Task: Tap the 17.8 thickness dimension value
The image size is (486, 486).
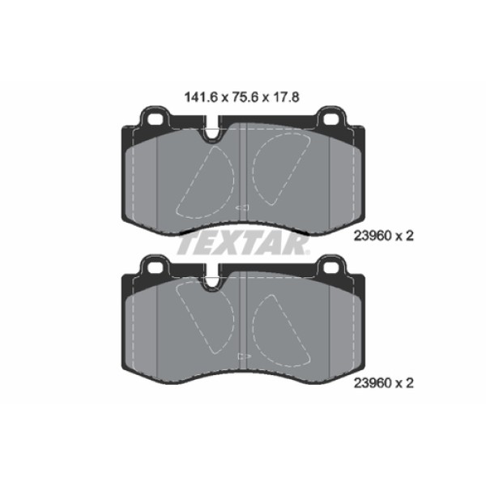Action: point(287,97)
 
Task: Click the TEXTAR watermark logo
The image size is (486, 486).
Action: point(243,245)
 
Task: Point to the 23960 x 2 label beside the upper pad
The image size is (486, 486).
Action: point(384,237)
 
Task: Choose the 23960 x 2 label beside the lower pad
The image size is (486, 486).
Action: point(384,383)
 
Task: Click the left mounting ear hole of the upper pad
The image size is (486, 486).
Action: point(155,119)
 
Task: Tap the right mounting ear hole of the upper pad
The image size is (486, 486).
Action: point(331,119)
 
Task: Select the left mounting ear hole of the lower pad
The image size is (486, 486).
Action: point(155,268)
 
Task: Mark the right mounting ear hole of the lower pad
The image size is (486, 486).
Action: point(331,268)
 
